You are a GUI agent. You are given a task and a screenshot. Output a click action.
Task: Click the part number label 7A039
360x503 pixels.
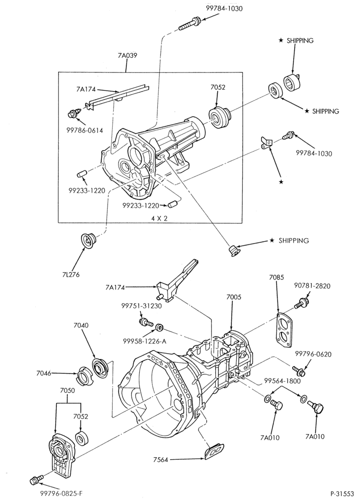(127, 55)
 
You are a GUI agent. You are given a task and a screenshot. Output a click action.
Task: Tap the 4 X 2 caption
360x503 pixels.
(160, 218)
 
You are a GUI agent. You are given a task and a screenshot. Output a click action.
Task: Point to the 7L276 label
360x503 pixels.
(71, 275)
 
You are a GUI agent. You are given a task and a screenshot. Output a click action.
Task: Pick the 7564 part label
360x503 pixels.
(160, 460)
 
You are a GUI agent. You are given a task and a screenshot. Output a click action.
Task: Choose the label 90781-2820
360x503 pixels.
(312, 286)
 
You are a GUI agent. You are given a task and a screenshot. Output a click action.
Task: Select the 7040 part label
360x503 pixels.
(81, 325)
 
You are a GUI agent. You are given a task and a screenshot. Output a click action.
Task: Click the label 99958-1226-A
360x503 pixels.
(145, 341)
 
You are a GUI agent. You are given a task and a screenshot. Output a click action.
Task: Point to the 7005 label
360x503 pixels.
(234, 297)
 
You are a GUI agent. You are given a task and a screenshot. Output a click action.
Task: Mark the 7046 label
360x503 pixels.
(44, 373)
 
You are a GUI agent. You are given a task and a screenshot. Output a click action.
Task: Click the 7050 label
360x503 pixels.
(67, 390)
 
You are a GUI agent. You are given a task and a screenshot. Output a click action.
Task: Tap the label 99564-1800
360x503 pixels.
(282, 381)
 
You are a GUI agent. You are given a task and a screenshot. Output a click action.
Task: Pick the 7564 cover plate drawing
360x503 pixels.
(214, 451)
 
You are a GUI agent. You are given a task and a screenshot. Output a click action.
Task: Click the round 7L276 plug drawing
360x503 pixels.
(87, 240)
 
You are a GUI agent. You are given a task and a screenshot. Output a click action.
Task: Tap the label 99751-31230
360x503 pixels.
(141, 306)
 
